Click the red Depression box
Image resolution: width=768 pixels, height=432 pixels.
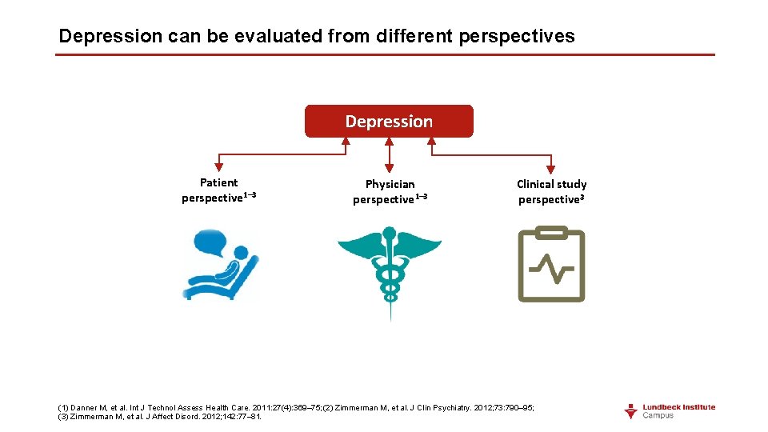[x=389, y=122]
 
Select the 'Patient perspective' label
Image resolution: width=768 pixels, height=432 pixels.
[x=218, y=190]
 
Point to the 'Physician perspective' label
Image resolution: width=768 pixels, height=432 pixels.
[x=390, y=192]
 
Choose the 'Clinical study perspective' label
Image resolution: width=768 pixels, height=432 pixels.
[x=551, y=192]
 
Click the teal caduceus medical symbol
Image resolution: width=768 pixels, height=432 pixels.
[x=390, y=272]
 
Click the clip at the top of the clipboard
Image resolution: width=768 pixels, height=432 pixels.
[x=551, y=233]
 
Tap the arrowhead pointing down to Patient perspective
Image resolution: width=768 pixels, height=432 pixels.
[x=218, y=170]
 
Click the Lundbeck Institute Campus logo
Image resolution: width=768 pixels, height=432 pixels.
[x=670, y=410]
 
